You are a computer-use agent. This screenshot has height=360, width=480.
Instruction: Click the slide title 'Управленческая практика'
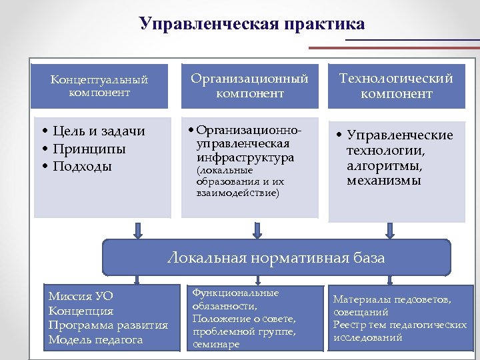253,25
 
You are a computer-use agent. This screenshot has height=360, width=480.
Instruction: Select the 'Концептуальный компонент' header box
99,86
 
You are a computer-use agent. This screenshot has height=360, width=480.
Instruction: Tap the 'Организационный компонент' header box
250,86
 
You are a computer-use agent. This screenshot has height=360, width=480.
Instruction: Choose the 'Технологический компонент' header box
396,86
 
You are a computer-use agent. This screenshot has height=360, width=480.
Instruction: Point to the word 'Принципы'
89,149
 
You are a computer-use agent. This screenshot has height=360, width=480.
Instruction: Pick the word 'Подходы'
83,166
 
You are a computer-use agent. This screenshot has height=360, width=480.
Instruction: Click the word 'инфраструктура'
245,158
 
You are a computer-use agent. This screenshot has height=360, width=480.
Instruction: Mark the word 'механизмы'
383,181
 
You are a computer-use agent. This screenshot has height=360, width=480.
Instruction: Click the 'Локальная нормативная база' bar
276,257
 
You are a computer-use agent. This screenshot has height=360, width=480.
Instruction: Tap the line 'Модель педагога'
95,340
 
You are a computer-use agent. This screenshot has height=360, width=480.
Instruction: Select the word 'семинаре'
216,345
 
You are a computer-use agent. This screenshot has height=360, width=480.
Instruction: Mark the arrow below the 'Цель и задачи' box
138,231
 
